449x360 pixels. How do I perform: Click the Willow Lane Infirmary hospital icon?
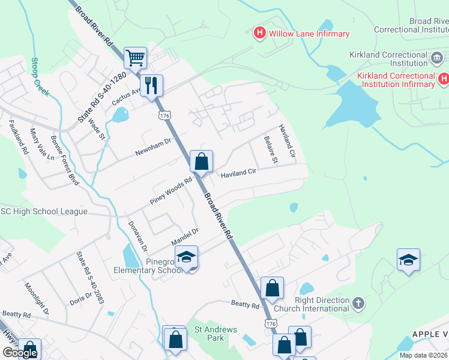pos(260,33)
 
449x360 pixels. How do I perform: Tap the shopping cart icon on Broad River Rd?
pos(136,58)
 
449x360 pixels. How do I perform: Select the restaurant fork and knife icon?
pos(152,85)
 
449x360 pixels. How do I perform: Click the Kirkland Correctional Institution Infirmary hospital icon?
pos(444,79)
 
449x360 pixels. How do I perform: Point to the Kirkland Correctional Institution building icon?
pos(437,58)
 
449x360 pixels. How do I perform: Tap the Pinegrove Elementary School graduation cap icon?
pos(187,258)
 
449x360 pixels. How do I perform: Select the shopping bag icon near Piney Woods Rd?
pos(201,161)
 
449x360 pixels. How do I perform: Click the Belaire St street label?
pos(271,149)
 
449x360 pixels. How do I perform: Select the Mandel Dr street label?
pos(185,236)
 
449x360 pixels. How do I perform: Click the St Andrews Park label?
pos(215,334)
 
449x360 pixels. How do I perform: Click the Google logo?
pos(20,353)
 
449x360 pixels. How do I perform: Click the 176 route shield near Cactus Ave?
pos(163,114)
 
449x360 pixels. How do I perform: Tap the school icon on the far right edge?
pos(408,259)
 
